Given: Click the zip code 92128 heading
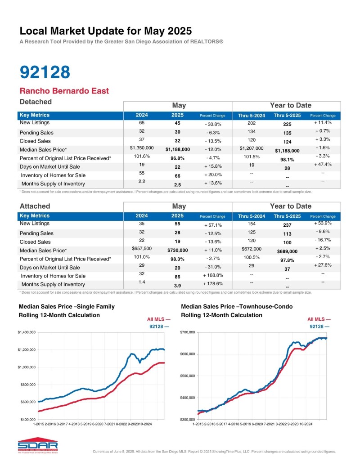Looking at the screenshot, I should click(45, 72).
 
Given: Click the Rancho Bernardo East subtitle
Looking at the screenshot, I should click(64, 91).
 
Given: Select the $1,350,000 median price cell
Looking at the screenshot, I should click(142, 148).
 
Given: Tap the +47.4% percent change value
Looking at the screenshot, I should click(323, 165).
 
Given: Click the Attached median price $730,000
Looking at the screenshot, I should click(177, 251).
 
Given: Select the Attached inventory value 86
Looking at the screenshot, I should click(177, 276).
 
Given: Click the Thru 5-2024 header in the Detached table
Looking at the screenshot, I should click(251, 116).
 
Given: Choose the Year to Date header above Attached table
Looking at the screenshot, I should click(290, 206).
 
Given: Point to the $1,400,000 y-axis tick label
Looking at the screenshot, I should click(26, 332).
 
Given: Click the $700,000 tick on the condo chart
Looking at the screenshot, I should click(188, 332).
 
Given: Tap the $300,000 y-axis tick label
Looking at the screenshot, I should click(188, 419).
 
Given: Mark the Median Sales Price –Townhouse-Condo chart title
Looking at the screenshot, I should click(237, 307).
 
